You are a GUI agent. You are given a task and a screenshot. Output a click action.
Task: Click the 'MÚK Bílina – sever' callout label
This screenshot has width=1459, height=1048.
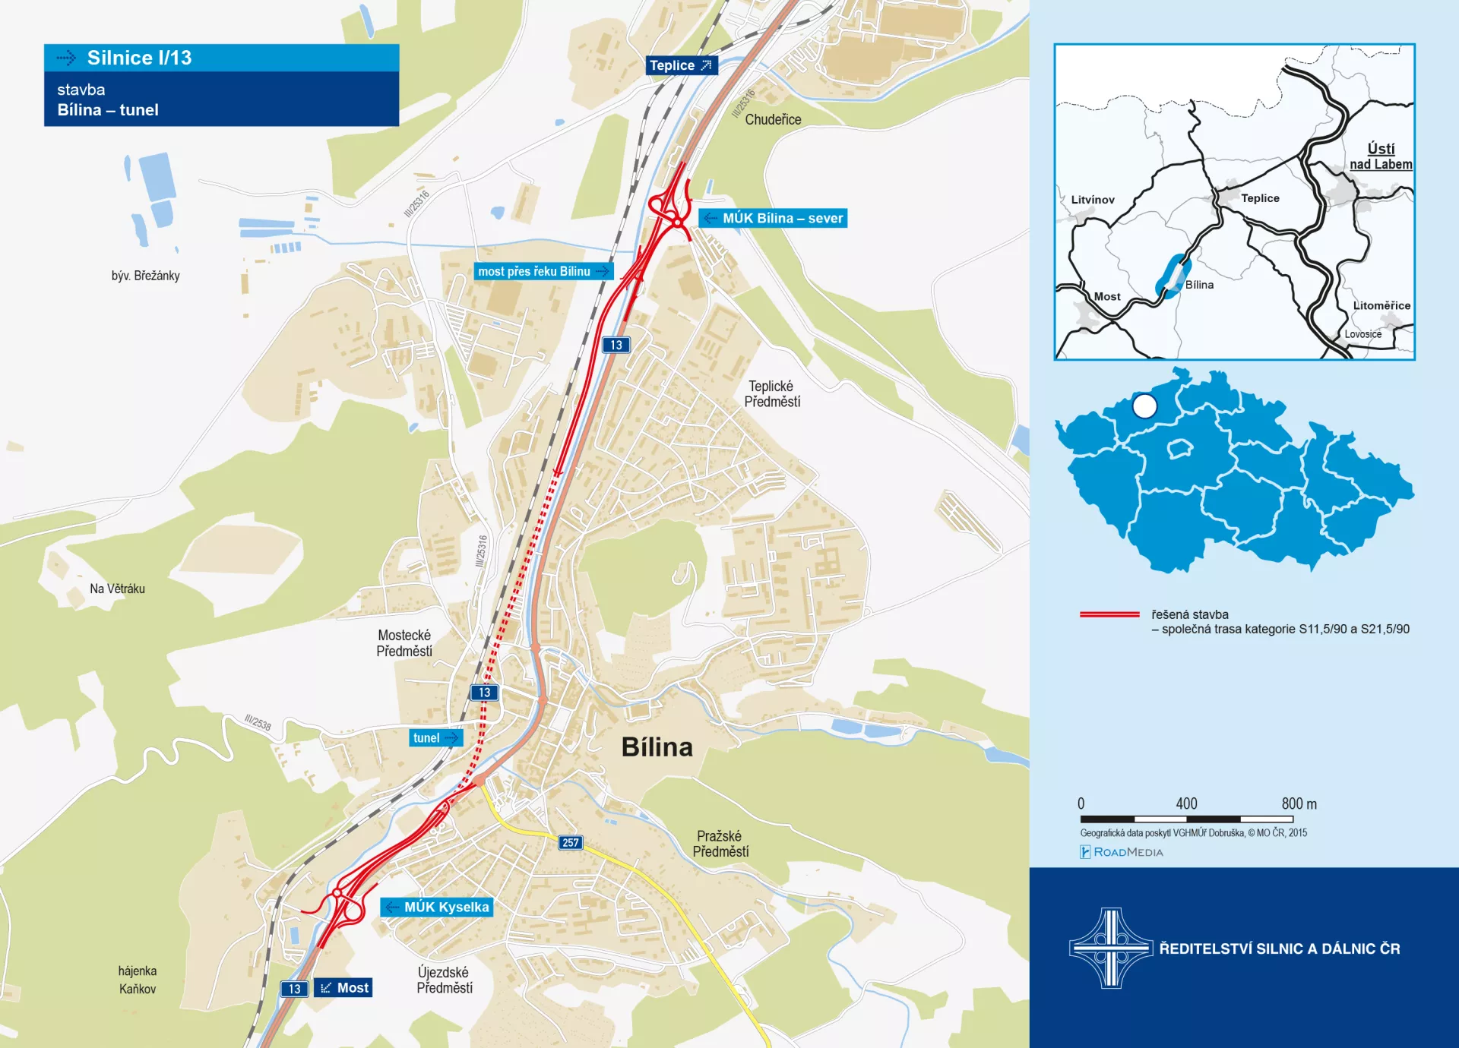click(773, 219)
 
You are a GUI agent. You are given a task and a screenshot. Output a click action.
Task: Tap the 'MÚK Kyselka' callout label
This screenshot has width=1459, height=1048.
click(437, 908)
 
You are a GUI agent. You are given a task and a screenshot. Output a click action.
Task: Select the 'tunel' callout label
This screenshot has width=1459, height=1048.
click(435, 738)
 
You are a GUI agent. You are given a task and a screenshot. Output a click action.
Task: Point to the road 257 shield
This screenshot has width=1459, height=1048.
click(571, 842)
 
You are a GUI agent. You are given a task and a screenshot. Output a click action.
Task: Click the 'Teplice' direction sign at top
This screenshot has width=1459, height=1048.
click(681, 65)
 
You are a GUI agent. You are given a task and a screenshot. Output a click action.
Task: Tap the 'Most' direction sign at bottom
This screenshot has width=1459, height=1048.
click(343, 988)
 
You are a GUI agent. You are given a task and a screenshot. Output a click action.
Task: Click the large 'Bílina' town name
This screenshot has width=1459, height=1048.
click(657, 747)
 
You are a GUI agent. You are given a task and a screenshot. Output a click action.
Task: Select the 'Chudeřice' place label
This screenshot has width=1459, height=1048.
click(773, 120)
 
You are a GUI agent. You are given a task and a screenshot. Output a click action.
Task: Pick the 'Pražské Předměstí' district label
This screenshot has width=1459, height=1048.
click(720, 844)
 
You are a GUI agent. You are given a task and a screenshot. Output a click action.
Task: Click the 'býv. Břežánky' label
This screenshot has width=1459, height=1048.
click(145, 276)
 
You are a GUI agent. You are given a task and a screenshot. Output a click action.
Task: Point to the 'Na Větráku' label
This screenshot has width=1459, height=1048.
click(117, 589)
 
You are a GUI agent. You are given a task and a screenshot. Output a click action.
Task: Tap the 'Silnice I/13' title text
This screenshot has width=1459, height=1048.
click(139, 58)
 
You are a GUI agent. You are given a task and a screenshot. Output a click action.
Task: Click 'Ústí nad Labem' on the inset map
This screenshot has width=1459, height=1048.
click(1381, 156)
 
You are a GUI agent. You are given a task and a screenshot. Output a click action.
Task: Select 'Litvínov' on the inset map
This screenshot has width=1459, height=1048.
click(1092, 200)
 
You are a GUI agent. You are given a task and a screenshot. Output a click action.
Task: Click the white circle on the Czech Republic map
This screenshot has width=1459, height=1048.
click(1144, 406)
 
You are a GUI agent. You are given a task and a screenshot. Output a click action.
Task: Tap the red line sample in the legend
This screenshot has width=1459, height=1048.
click(1109, 614)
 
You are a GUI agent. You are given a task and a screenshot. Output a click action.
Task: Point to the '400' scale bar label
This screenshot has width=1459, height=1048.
click(1186, 803)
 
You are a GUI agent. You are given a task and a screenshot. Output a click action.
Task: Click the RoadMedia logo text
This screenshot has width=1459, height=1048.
click(1122, 852)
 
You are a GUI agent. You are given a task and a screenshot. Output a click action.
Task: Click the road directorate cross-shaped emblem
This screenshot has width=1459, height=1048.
click(1111, 948)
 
